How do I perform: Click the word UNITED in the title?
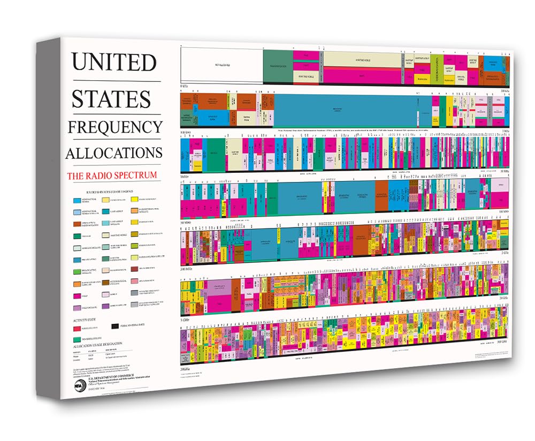(114, 62)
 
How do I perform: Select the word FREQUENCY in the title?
(114, 127)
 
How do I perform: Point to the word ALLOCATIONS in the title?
(113, 153)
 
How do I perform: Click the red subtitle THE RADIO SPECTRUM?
(111, 175)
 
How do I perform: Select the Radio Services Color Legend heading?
(109, 191)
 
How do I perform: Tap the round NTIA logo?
(79, 384)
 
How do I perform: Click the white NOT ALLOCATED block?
(221, 66)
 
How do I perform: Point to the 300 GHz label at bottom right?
(501, 340)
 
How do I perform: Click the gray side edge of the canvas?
(48, 225)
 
